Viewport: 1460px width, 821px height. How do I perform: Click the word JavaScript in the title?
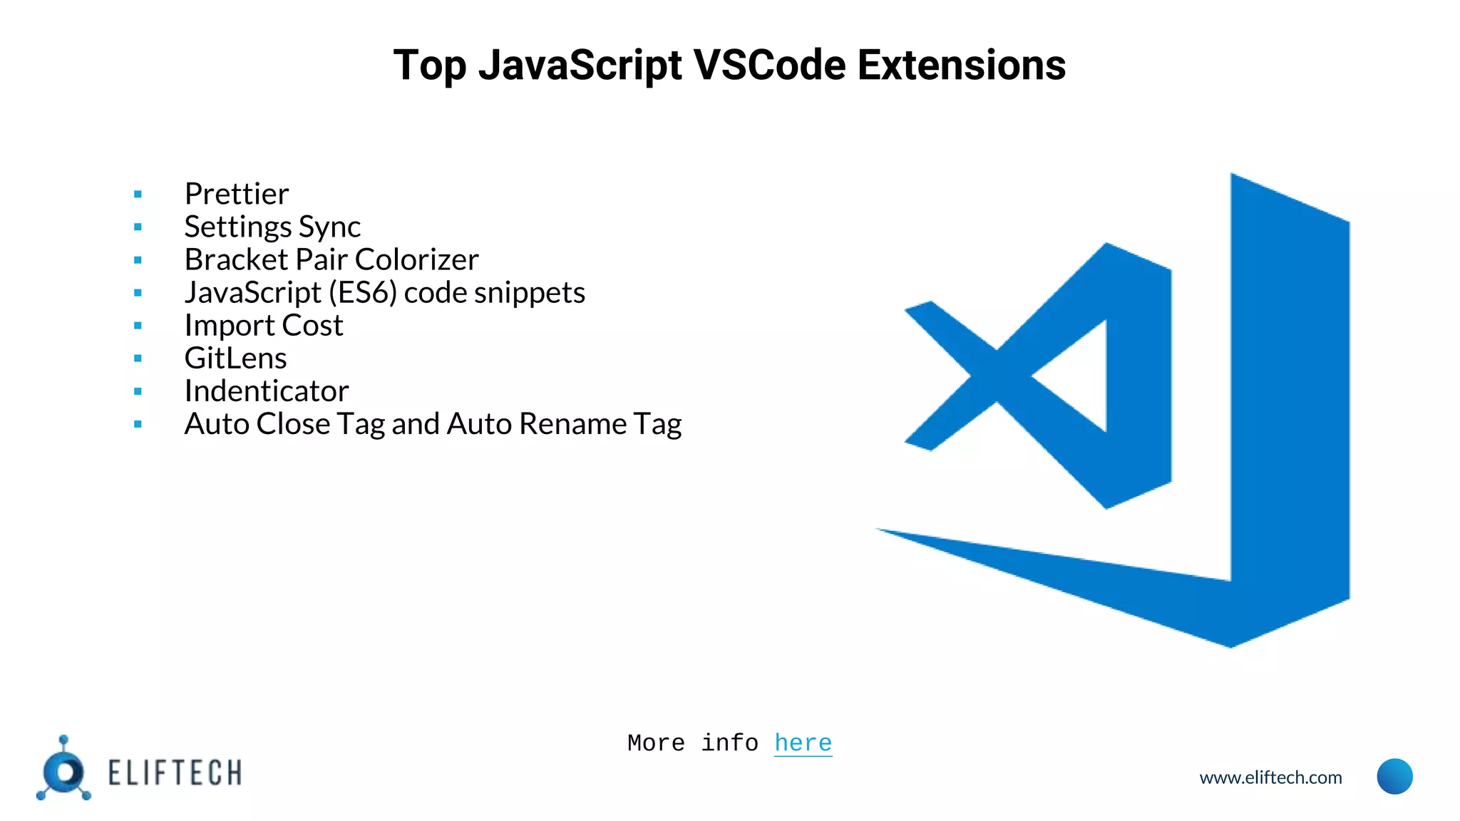point(580,66)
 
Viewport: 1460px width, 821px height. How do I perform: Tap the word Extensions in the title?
point(961,66)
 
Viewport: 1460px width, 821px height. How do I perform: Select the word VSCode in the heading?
point(769,66)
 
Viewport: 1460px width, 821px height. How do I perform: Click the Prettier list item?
point(236,194)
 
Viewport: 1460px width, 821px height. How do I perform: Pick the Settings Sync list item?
point(272,227)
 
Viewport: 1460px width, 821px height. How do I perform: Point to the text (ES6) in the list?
point(362,292)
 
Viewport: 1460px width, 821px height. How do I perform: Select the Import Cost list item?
point(264,325)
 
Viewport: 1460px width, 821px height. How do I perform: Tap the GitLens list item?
point(235,358)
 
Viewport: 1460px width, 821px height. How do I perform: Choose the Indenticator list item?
point(267,391)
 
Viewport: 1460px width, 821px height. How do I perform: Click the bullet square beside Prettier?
point(138,194)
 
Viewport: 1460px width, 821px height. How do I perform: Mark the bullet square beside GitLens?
point(138,358)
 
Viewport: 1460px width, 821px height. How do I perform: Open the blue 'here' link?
point(803,743)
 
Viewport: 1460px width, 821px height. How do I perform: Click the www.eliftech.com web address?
point(1270,778)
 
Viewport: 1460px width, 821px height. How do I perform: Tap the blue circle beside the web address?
point(1394,776)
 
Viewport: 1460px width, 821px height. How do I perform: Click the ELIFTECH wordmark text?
point(175,773)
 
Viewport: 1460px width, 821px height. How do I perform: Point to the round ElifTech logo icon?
point(64,772)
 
